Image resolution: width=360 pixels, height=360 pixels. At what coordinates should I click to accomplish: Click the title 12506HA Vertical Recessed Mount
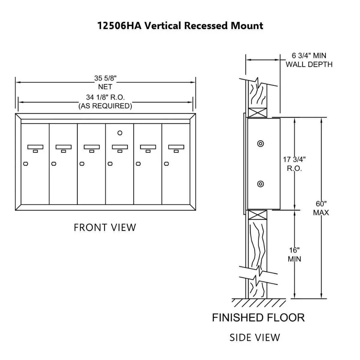[180, 26]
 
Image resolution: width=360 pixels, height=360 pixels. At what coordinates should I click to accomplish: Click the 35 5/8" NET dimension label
[105, 82]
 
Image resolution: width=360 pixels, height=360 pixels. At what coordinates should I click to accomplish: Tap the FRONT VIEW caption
[105, 227]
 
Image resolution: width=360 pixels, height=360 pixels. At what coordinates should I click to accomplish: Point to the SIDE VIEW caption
[255, 337]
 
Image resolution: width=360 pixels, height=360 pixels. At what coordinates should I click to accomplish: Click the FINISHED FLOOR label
[258, 318]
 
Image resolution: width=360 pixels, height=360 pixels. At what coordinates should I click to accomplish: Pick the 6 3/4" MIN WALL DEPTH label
[309, 60]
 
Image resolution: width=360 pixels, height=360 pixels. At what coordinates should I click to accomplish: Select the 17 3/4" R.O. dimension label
[294, 164]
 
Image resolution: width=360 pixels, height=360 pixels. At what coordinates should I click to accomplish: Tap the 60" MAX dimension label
[321, 208]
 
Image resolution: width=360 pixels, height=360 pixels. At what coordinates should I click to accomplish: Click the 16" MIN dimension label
[294, 254]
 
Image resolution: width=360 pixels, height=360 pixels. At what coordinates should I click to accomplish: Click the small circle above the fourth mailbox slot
[120, 133]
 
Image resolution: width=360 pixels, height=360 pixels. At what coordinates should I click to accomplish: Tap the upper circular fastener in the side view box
[261, 144]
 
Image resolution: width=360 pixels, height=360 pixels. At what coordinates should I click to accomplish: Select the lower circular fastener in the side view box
[261, 184]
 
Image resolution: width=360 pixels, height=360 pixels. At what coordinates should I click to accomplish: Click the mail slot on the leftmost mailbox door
[35, 147]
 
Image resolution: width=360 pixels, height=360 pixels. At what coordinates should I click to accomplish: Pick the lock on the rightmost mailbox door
[166, 164]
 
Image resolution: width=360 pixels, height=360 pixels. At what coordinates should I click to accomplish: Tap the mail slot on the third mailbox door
[91, 147]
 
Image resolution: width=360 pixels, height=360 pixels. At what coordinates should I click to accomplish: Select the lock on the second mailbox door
[54, 164]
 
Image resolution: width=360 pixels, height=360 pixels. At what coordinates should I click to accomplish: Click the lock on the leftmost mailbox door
[25, 164]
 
